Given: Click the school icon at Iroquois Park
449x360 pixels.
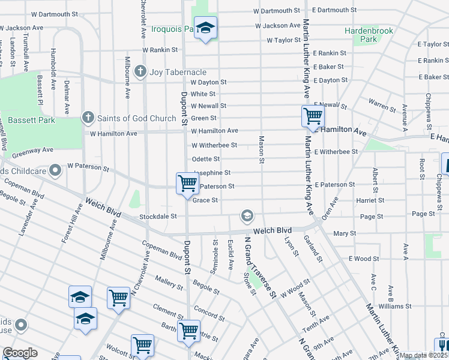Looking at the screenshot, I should [206, 28].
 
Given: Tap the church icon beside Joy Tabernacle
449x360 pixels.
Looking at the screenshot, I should [140, 72].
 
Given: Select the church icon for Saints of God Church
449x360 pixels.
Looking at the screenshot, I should [88, 118].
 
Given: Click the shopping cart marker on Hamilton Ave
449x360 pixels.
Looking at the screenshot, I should [313, 116].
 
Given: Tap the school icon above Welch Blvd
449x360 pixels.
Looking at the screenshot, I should [246, 215].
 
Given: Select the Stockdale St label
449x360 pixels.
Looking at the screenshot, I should [158, 216].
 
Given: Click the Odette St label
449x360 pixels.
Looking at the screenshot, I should [205, 159].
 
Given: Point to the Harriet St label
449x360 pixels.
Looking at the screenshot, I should [370, 200].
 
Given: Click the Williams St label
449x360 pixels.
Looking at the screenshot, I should [394, 306].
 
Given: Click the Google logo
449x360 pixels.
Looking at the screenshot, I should [20, 353].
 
